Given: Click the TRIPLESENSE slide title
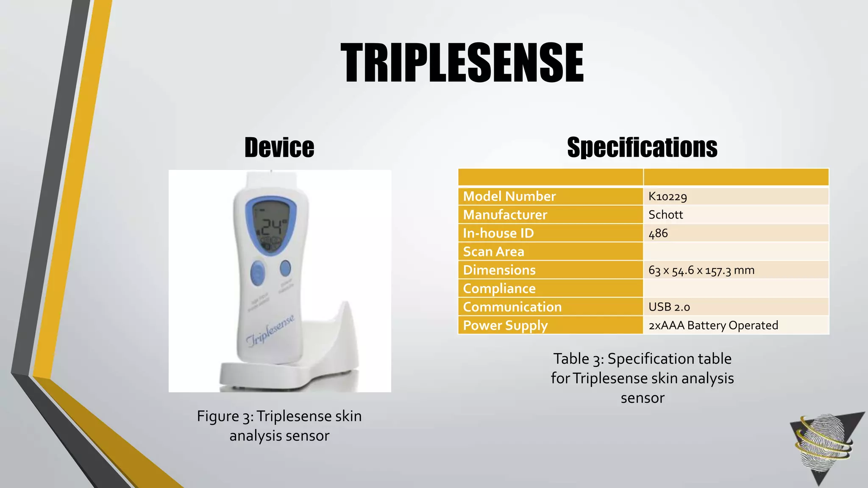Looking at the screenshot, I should [462, 63].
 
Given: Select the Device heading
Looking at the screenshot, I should [279, 147].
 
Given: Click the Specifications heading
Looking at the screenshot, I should [642, 147].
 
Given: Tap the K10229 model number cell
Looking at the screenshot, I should [668, 197].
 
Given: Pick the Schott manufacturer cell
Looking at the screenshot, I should [665, 215].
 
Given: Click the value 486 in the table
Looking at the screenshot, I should [658, 233].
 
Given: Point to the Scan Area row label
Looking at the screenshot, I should [493, 252].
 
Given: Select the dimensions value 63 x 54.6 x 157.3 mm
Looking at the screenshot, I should [701, 270].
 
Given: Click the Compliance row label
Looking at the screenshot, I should [499, 288].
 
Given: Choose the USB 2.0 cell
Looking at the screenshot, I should [669, 307].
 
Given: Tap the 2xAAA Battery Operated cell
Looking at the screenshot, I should [713, 325].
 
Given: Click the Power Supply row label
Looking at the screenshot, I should [505, 325].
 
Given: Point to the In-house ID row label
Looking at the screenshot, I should [498, 233].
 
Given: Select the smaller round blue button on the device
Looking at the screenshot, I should [285, 268].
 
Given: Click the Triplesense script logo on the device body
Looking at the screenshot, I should [270, 330].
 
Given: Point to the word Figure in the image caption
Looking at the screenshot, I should [218, 416].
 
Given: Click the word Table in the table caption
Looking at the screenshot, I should [571, 359].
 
